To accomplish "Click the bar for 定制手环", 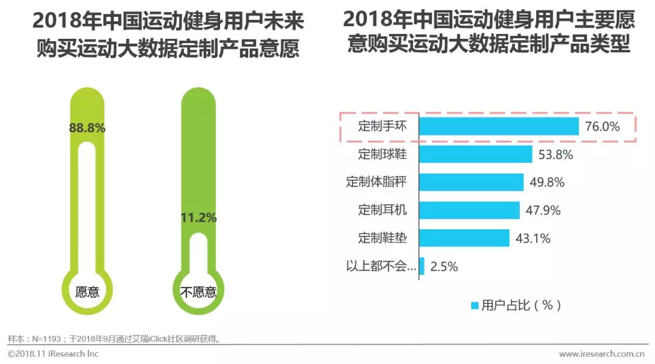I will click(499, 126).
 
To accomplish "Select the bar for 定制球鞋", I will click(475, 154).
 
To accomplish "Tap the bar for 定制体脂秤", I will click(471, 182).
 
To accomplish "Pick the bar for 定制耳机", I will click(469, 210).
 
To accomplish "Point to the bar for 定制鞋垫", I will click(464, 238).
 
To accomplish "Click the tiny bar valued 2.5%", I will click(422, 266).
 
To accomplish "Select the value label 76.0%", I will click(602, 127).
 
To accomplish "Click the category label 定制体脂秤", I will click(376, 182).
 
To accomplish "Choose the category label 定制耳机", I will click(382, 210).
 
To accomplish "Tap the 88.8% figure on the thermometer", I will click(87, 128).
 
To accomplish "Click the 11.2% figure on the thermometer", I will click(198, 218).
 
